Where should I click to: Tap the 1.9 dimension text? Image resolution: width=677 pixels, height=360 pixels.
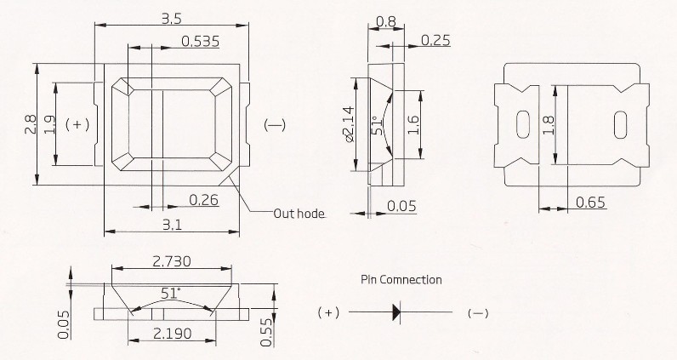pyautogui.click(x=49, y=124)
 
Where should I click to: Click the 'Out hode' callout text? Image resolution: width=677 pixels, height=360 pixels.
pyautogui.click(x=299, y=214)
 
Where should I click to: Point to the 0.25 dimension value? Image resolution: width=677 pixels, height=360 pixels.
pyautogui.click(x=435, y=40)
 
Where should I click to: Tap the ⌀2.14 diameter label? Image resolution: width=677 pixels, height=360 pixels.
pyautogui.click(x=349, y=124)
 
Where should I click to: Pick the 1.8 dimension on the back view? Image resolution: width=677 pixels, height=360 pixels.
pyautogui.click(x=549, y=124)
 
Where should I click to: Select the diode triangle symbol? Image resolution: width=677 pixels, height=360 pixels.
pyautogui.click(x=396, y=312)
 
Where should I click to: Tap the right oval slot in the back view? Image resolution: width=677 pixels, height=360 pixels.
pyautogui.click(x=619, y=123)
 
